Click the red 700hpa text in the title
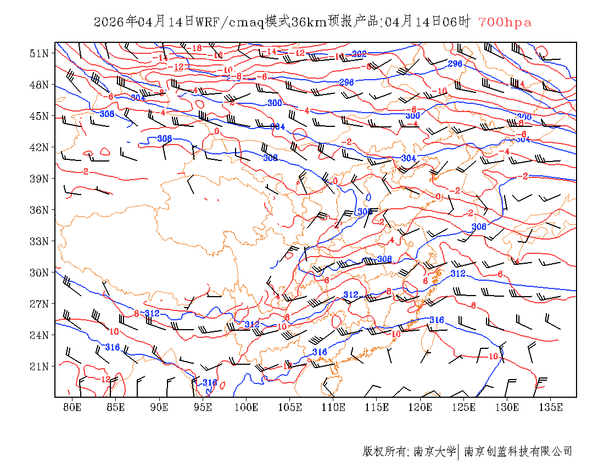click(505, 23)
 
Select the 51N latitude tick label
click(40, 53)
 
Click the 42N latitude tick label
click(40, 147)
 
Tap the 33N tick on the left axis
click(40, 241)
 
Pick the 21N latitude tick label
click(40, 366)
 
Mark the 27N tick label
click(40, 304)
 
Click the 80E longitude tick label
click(72, 407)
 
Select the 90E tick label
click(159, 407)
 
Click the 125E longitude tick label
click(464, 407)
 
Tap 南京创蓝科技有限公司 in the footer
click(518, 452)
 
